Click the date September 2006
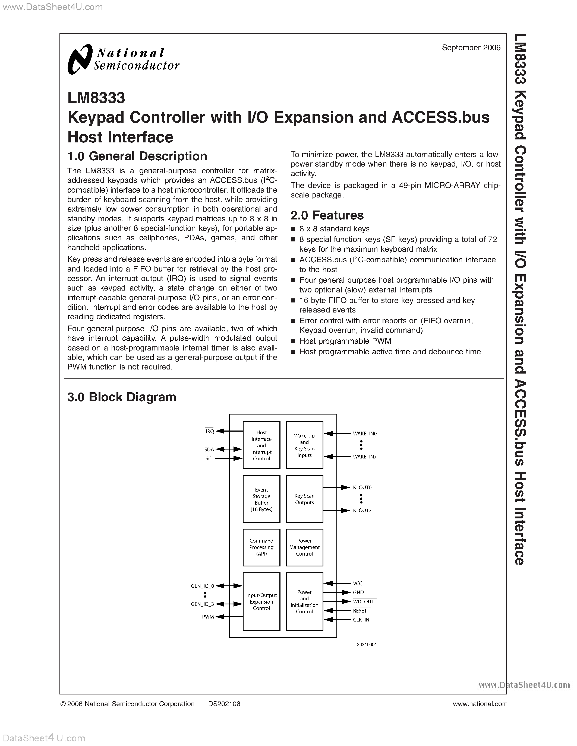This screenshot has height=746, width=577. click(471, 48)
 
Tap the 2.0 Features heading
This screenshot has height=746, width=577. click(327, 215)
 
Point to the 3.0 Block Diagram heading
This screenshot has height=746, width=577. click(122, 397)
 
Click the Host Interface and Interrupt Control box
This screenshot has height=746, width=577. click(261, 445)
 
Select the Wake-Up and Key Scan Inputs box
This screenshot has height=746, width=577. click(304, 445)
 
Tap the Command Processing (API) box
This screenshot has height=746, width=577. click(261, 547)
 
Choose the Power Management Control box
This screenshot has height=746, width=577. click(304, 547)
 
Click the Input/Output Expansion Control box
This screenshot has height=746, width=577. click(261, 601)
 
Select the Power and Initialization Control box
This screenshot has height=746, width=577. click(304, 601)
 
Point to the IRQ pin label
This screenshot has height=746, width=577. click(210, 431)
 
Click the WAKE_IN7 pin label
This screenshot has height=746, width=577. click(365, 457)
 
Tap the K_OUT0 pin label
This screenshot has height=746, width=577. click(362, 487)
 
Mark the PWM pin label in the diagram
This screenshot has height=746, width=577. click(208, 617)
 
